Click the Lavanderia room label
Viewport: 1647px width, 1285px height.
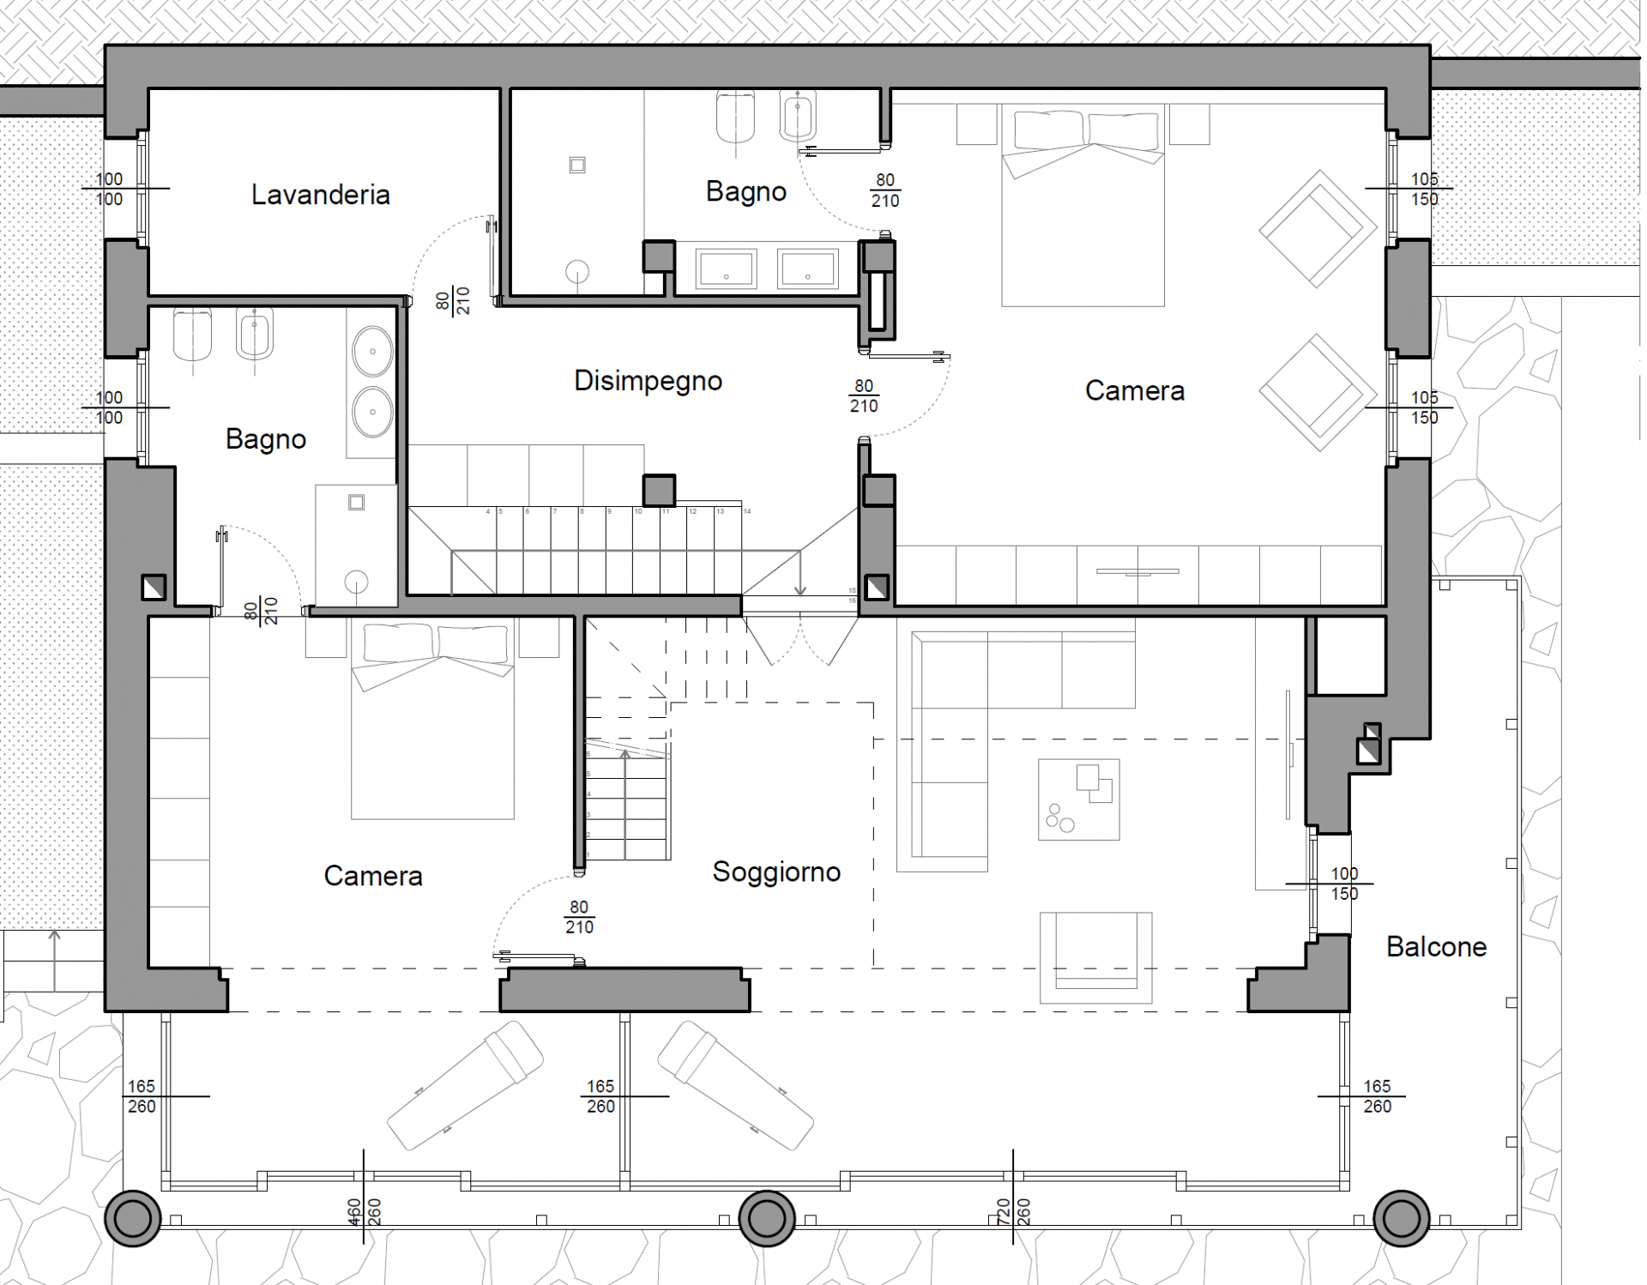[320, 195]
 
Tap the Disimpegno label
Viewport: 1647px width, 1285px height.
[648, 381]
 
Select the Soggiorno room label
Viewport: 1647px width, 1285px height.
[775, 872]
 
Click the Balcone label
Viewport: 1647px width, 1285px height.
[1436, 947]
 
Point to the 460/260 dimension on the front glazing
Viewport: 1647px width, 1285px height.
[365, 1211]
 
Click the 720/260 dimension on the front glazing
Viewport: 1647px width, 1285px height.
[1013, 1211]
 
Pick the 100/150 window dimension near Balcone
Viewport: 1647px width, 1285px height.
[1343, 884]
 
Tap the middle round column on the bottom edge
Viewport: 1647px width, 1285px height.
[766, 1218]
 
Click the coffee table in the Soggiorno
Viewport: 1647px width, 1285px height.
[1078, 799]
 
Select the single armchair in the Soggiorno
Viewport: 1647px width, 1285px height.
[1095, 956]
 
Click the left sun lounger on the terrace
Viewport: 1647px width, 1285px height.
[465, 1085]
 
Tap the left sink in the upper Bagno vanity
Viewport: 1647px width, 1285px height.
[726, 268]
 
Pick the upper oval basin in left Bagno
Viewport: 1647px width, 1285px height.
[372, 351]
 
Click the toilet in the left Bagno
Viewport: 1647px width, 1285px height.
[192, 335]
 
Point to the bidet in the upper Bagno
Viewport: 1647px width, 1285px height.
[798, 116]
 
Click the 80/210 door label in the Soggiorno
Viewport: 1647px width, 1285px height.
[579, 917]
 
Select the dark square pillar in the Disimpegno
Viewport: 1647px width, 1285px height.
[659, 491]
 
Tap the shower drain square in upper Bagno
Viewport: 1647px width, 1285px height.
[577, 165]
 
